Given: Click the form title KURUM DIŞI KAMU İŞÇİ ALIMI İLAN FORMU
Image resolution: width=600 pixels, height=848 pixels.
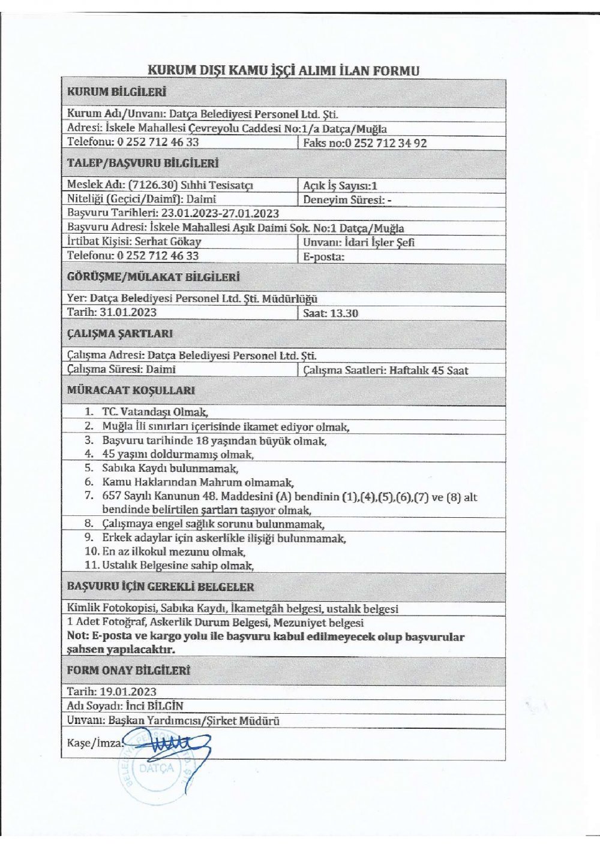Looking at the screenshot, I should [283, 70].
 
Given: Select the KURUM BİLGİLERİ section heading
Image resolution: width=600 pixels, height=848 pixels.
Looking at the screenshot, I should [116, 92].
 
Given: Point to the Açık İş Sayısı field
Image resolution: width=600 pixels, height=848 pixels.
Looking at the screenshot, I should [340, 186].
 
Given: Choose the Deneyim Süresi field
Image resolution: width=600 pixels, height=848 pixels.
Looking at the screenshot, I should [347, 200].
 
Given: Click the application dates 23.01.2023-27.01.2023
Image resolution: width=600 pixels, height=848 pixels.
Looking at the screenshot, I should [219, 213].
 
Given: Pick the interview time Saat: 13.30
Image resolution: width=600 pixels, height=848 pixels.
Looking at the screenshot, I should [331, 313].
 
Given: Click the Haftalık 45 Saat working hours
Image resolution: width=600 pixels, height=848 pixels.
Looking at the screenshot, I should [428, 370].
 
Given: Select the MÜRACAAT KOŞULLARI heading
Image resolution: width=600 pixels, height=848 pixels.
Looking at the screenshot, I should [130, 390].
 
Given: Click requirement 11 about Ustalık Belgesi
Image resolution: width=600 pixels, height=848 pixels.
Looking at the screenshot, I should [177, 565].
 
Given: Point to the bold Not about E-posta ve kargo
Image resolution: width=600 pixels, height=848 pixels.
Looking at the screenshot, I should [265, 642].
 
